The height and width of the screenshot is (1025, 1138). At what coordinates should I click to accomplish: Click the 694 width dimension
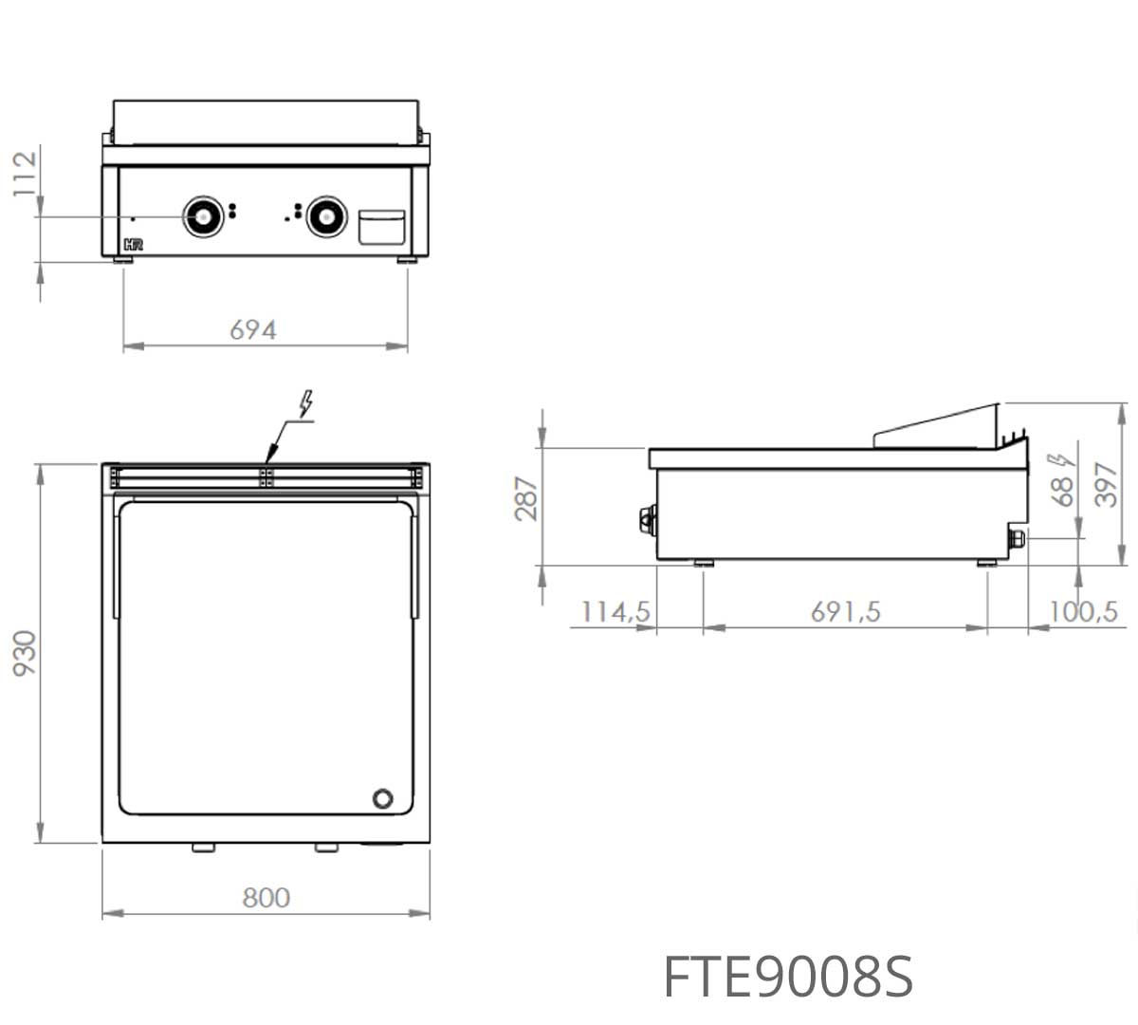pos(253,330)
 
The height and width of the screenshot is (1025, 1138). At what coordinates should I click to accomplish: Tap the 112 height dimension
pos(25,174)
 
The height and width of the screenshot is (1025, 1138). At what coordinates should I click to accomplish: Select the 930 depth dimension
pos(25,653)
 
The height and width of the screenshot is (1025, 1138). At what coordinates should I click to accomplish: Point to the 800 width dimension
pos(266,898)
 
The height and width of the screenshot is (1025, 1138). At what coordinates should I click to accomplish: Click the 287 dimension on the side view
pos(526,498)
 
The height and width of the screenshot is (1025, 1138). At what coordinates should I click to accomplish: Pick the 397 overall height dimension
pos(1107,484)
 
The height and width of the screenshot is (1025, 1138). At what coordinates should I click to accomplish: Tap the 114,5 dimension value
pos(615,612)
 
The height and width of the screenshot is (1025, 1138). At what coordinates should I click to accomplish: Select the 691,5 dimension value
pos(845,612)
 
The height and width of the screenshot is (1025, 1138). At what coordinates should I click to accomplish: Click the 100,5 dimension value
pos(1084,612)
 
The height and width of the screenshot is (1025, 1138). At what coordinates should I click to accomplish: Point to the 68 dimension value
pos(1062,492)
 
